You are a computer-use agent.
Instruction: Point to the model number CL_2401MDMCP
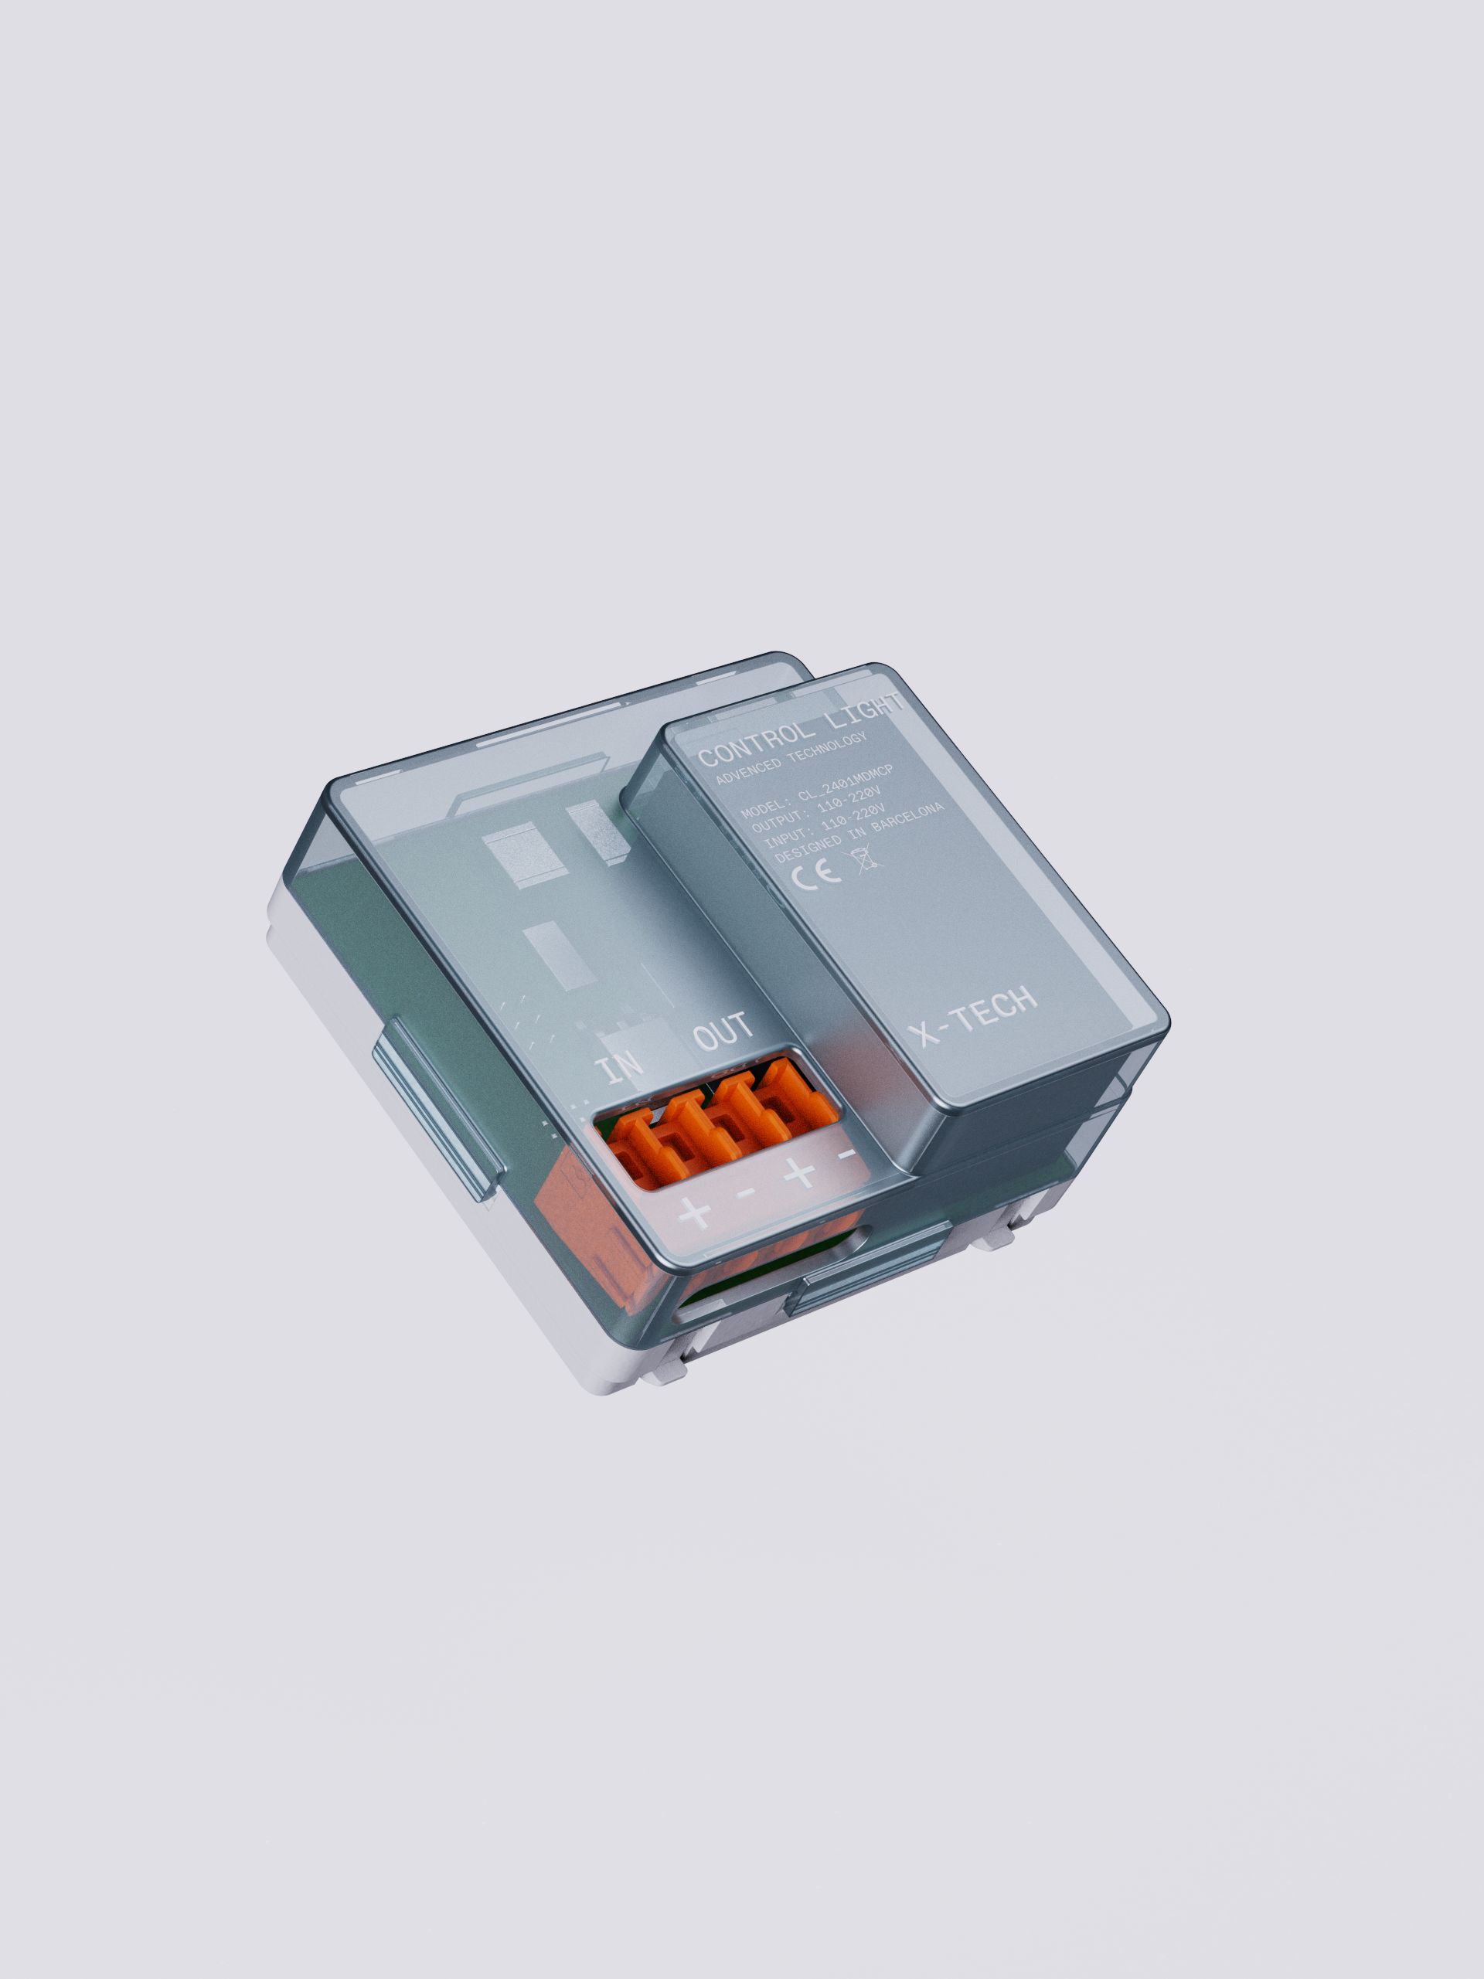coord(845,781)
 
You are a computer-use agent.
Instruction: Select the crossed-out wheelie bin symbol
coord(866,859)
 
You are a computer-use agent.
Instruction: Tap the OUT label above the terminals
coord(723,1032)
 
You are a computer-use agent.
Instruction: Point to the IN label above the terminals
coord(619,1066)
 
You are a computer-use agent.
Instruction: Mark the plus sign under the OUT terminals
coord(798,1171)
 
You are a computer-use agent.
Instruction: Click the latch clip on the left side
coord(436,1110)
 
